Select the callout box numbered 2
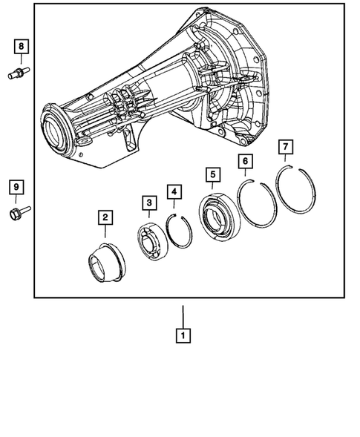105,217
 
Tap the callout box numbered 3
149,203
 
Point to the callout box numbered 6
244,161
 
